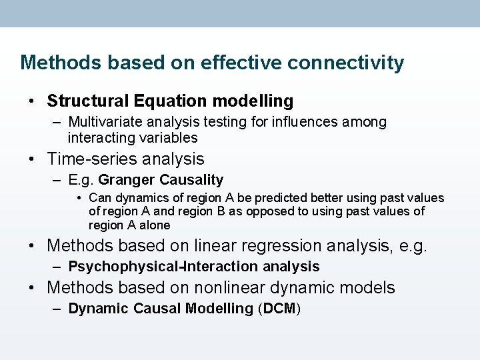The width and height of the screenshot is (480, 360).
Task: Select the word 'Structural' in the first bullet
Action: [88, 101]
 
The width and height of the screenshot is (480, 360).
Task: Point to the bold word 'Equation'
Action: [170, 101]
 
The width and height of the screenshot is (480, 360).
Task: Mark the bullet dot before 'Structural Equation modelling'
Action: [32, 102]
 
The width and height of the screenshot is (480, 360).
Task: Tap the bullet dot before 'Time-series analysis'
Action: [32, 160]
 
